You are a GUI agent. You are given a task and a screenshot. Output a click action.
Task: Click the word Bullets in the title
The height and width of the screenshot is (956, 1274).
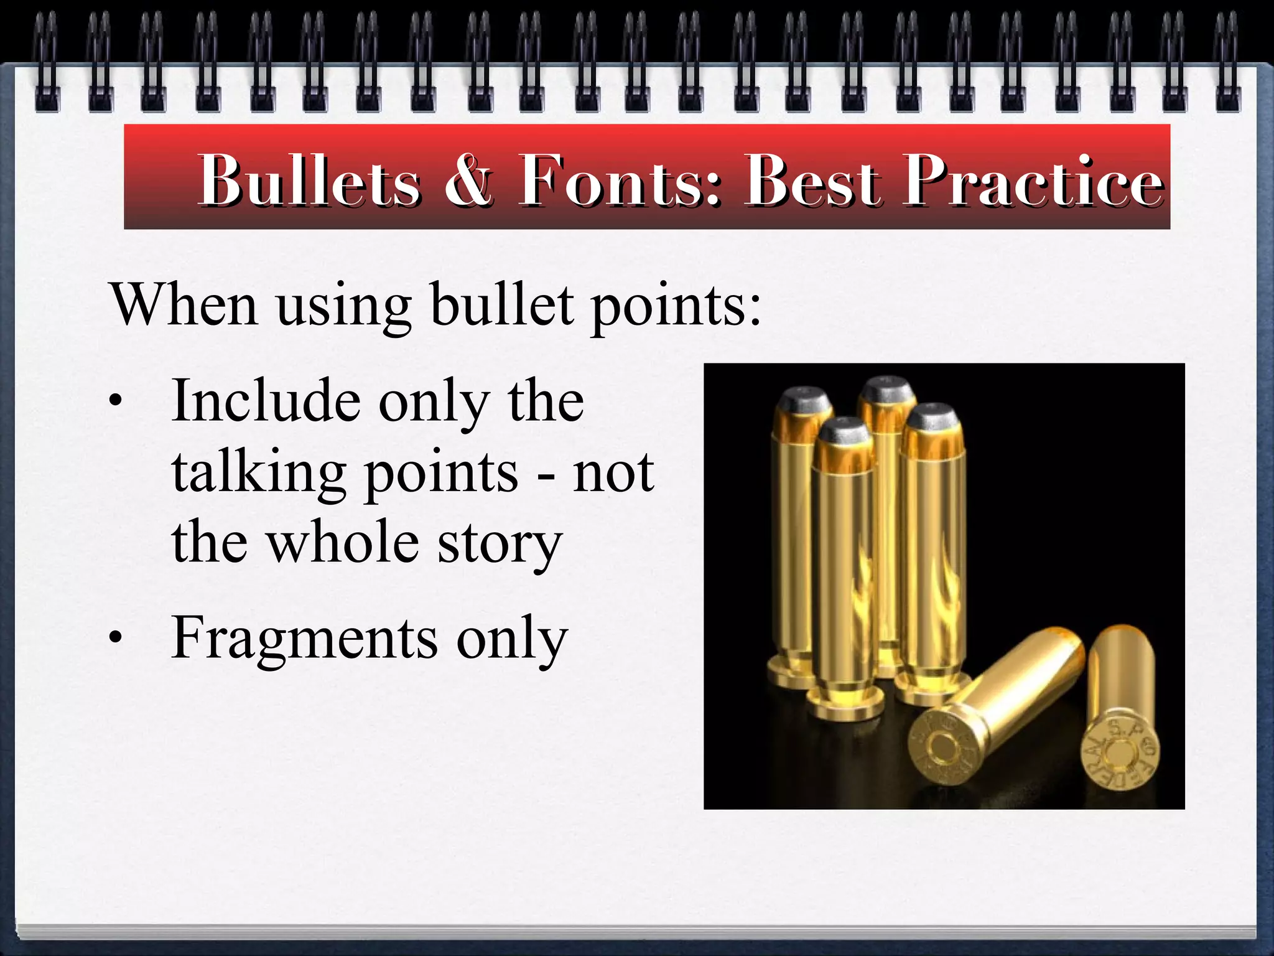click(309, 180)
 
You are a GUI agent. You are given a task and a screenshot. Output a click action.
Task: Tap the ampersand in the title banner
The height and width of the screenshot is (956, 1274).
click(468, 180)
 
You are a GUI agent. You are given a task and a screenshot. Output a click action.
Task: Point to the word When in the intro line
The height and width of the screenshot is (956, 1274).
click(184, 305)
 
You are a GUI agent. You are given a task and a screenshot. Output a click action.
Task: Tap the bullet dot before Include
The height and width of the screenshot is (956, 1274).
click(114, 401)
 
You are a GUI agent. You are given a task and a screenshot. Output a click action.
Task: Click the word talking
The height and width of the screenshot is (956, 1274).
click(259, 473)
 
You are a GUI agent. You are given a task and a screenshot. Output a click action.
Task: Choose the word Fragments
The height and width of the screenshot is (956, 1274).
click(305, 639)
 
